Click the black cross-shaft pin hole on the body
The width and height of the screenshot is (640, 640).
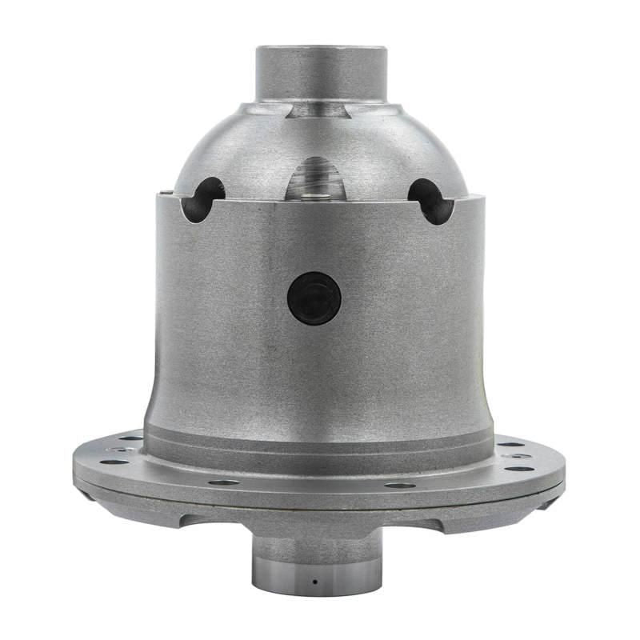pos(314,298)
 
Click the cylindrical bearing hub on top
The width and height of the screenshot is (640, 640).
pos(320,72)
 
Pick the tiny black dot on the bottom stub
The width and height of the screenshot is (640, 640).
pos(314,580)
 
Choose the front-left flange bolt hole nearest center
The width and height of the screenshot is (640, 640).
pos(225,482)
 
